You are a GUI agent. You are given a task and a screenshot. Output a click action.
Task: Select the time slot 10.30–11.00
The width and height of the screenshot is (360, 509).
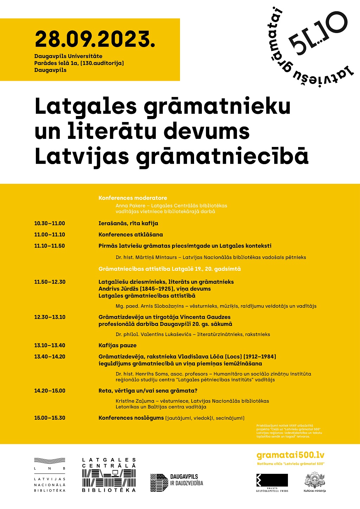click(50, 224)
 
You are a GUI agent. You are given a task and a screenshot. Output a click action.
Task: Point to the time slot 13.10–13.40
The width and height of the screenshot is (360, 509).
click(50, 346)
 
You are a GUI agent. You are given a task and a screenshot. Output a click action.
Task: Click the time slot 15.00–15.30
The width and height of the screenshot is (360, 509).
click(50, 418)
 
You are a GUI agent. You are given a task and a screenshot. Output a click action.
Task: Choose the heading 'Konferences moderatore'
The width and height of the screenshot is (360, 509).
click(133, 198)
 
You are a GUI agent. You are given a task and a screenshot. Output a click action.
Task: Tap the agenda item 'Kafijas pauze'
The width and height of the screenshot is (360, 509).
click(117, 346)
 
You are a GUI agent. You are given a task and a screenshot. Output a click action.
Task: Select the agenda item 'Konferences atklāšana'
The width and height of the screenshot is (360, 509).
click(130, 235)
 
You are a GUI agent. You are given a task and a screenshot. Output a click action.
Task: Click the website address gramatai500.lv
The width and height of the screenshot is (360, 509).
click(290, 455)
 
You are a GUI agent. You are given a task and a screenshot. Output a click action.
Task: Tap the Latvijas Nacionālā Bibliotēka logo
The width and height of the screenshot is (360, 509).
click(50, 475)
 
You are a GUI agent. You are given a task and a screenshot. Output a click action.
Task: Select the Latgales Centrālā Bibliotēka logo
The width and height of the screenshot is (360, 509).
click(109, 475)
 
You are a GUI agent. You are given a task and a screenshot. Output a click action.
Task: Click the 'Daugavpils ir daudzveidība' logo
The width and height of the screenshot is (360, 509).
click(176, 482)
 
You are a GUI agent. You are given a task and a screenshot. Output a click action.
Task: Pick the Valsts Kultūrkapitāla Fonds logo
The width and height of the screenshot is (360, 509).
click(272, 482)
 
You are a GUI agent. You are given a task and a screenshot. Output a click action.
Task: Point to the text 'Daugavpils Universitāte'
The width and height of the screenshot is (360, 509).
click(68, 56)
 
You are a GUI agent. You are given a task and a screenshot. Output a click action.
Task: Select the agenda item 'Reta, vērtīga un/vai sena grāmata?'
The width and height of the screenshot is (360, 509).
click(148, 391)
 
